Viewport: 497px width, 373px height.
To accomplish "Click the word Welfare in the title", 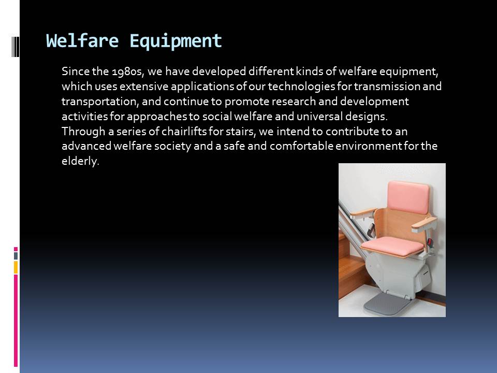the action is [82, 41].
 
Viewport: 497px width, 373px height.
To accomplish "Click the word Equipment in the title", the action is [176, 41].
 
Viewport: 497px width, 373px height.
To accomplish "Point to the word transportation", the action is [100, 102].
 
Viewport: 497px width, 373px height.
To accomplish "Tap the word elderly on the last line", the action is [80, 161].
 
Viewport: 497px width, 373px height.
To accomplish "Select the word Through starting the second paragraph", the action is [83, 131].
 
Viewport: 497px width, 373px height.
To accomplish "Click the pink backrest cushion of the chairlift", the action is [408, 197].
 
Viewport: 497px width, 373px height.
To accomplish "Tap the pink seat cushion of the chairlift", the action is [392, 247].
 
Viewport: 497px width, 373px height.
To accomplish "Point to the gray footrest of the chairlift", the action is [387, 304].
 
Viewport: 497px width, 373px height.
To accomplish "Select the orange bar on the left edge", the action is [16, 267].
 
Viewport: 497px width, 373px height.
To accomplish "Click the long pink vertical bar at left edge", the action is [16, 321].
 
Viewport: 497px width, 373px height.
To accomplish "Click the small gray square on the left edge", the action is [16, 256].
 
